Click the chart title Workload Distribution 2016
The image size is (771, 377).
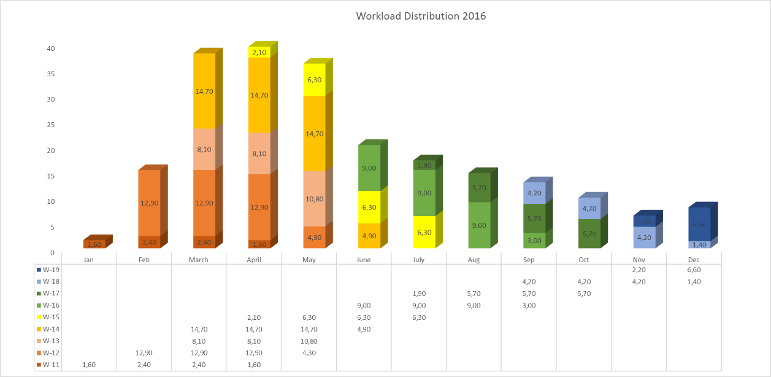[421, 17]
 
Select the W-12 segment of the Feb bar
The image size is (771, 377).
[149, 203]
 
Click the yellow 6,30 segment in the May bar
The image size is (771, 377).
[314, 80]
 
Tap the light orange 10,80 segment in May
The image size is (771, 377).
[314, 199]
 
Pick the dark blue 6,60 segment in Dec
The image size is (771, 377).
[699, 224]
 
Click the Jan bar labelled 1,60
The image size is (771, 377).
[94, 244]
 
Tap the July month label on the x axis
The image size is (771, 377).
[418, 260]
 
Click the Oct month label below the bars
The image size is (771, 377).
[583, 260]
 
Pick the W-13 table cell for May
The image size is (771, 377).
[309, 341]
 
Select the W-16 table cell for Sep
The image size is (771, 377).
[529, 305]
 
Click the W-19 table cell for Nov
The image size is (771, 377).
[639, 270]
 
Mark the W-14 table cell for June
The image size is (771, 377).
[364, 329]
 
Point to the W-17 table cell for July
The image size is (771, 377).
[418, 293]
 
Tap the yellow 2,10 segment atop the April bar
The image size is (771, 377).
[259, 53]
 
